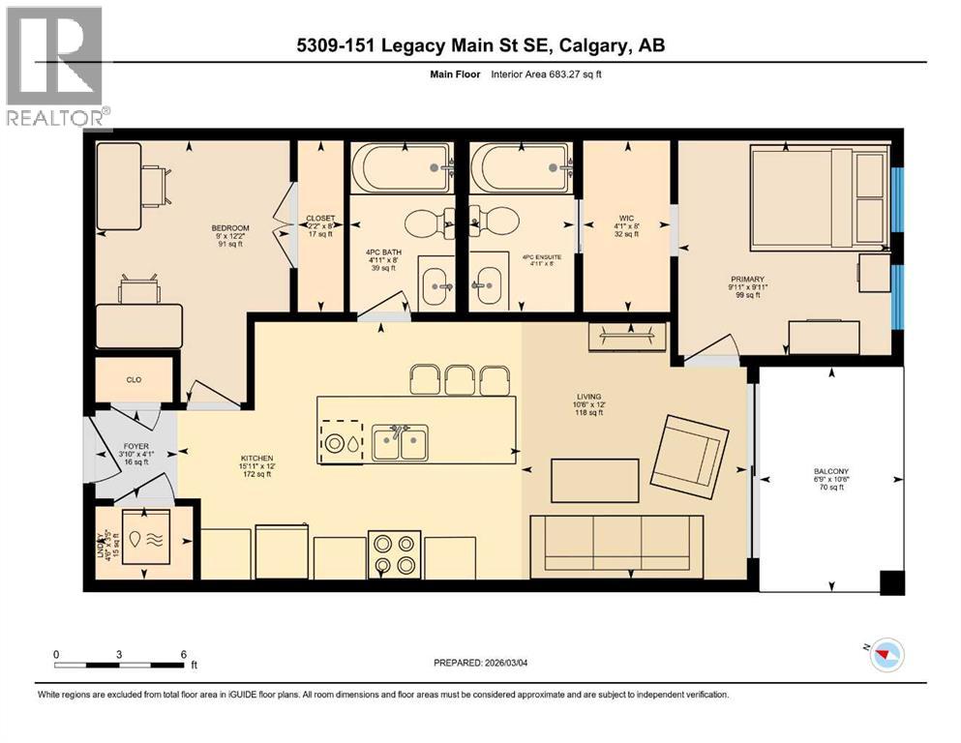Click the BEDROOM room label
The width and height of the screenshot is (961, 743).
230,228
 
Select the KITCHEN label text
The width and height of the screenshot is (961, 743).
257,458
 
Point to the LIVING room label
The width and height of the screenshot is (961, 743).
587,397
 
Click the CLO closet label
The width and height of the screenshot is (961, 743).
134,380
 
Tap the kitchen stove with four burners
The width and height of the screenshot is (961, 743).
395,554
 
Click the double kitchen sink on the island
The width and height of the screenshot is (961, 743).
400,444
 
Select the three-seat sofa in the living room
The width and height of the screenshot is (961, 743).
616,545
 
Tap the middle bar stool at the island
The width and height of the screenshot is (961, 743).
461,379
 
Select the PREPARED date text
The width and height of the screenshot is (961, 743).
481,663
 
